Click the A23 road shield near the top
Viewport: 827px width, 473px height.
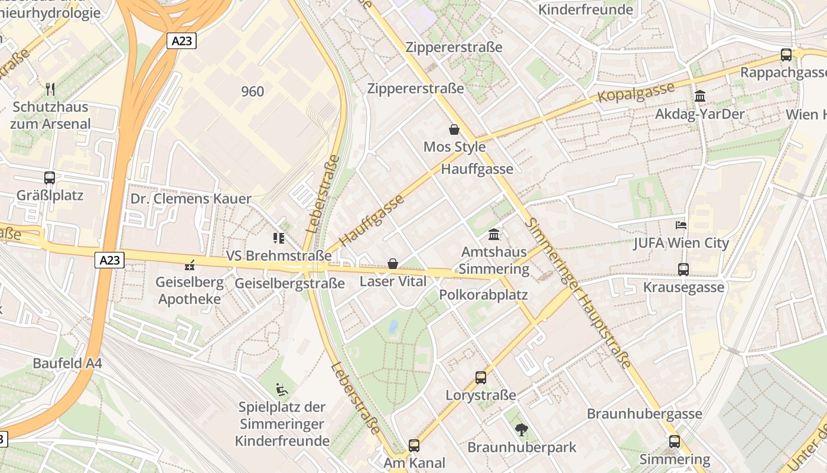[x=181, y=41]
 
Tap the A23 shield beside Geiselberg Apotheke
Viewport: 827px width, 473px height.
[x=109, y=260]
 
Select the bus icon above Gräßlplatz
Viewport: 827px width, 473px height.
[x=50, y=177]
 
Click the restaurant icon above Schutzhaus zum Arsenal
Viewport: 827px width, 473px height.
[x=50, y=89]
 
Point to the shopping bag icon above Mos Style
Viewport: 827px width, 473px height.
[x=454, y=129]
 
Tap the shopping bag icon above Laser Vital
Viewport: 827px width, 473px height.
[x=393, y=264]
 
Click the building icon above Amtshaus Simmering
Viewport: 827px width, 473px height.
[x=494, y=234]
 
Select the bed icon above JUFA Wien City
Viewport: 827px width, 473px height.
[x=681, y=225]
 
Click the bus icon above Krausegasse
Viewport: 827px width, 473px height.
[x=683, y=270]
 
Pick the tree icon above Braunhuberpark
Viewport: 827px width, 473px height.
[x=521, y=430]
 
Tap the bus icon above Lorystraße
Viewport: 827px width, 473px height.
[x=481, y=377]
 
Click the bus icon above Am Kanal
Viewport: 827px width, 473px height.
[x=414, y=445]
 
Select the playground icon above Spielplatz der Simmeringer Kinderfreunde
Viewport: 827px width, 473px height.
[x=282, y=390]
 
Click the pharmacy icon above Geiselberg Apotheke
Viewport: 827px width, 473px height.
[x=190, y=265]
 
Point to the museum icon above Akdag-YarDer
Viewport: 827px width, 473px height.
[x=700, y=96]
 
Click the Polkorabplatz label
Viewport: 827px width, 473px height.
[x=484, y=294]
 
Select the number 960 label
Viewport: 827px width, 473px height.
[x=252, y=91]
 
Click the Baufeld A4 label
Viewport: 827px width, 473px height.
[x=67, y=363]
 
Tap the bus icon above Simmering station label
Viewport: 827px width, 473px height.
[x=675, y=441]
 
